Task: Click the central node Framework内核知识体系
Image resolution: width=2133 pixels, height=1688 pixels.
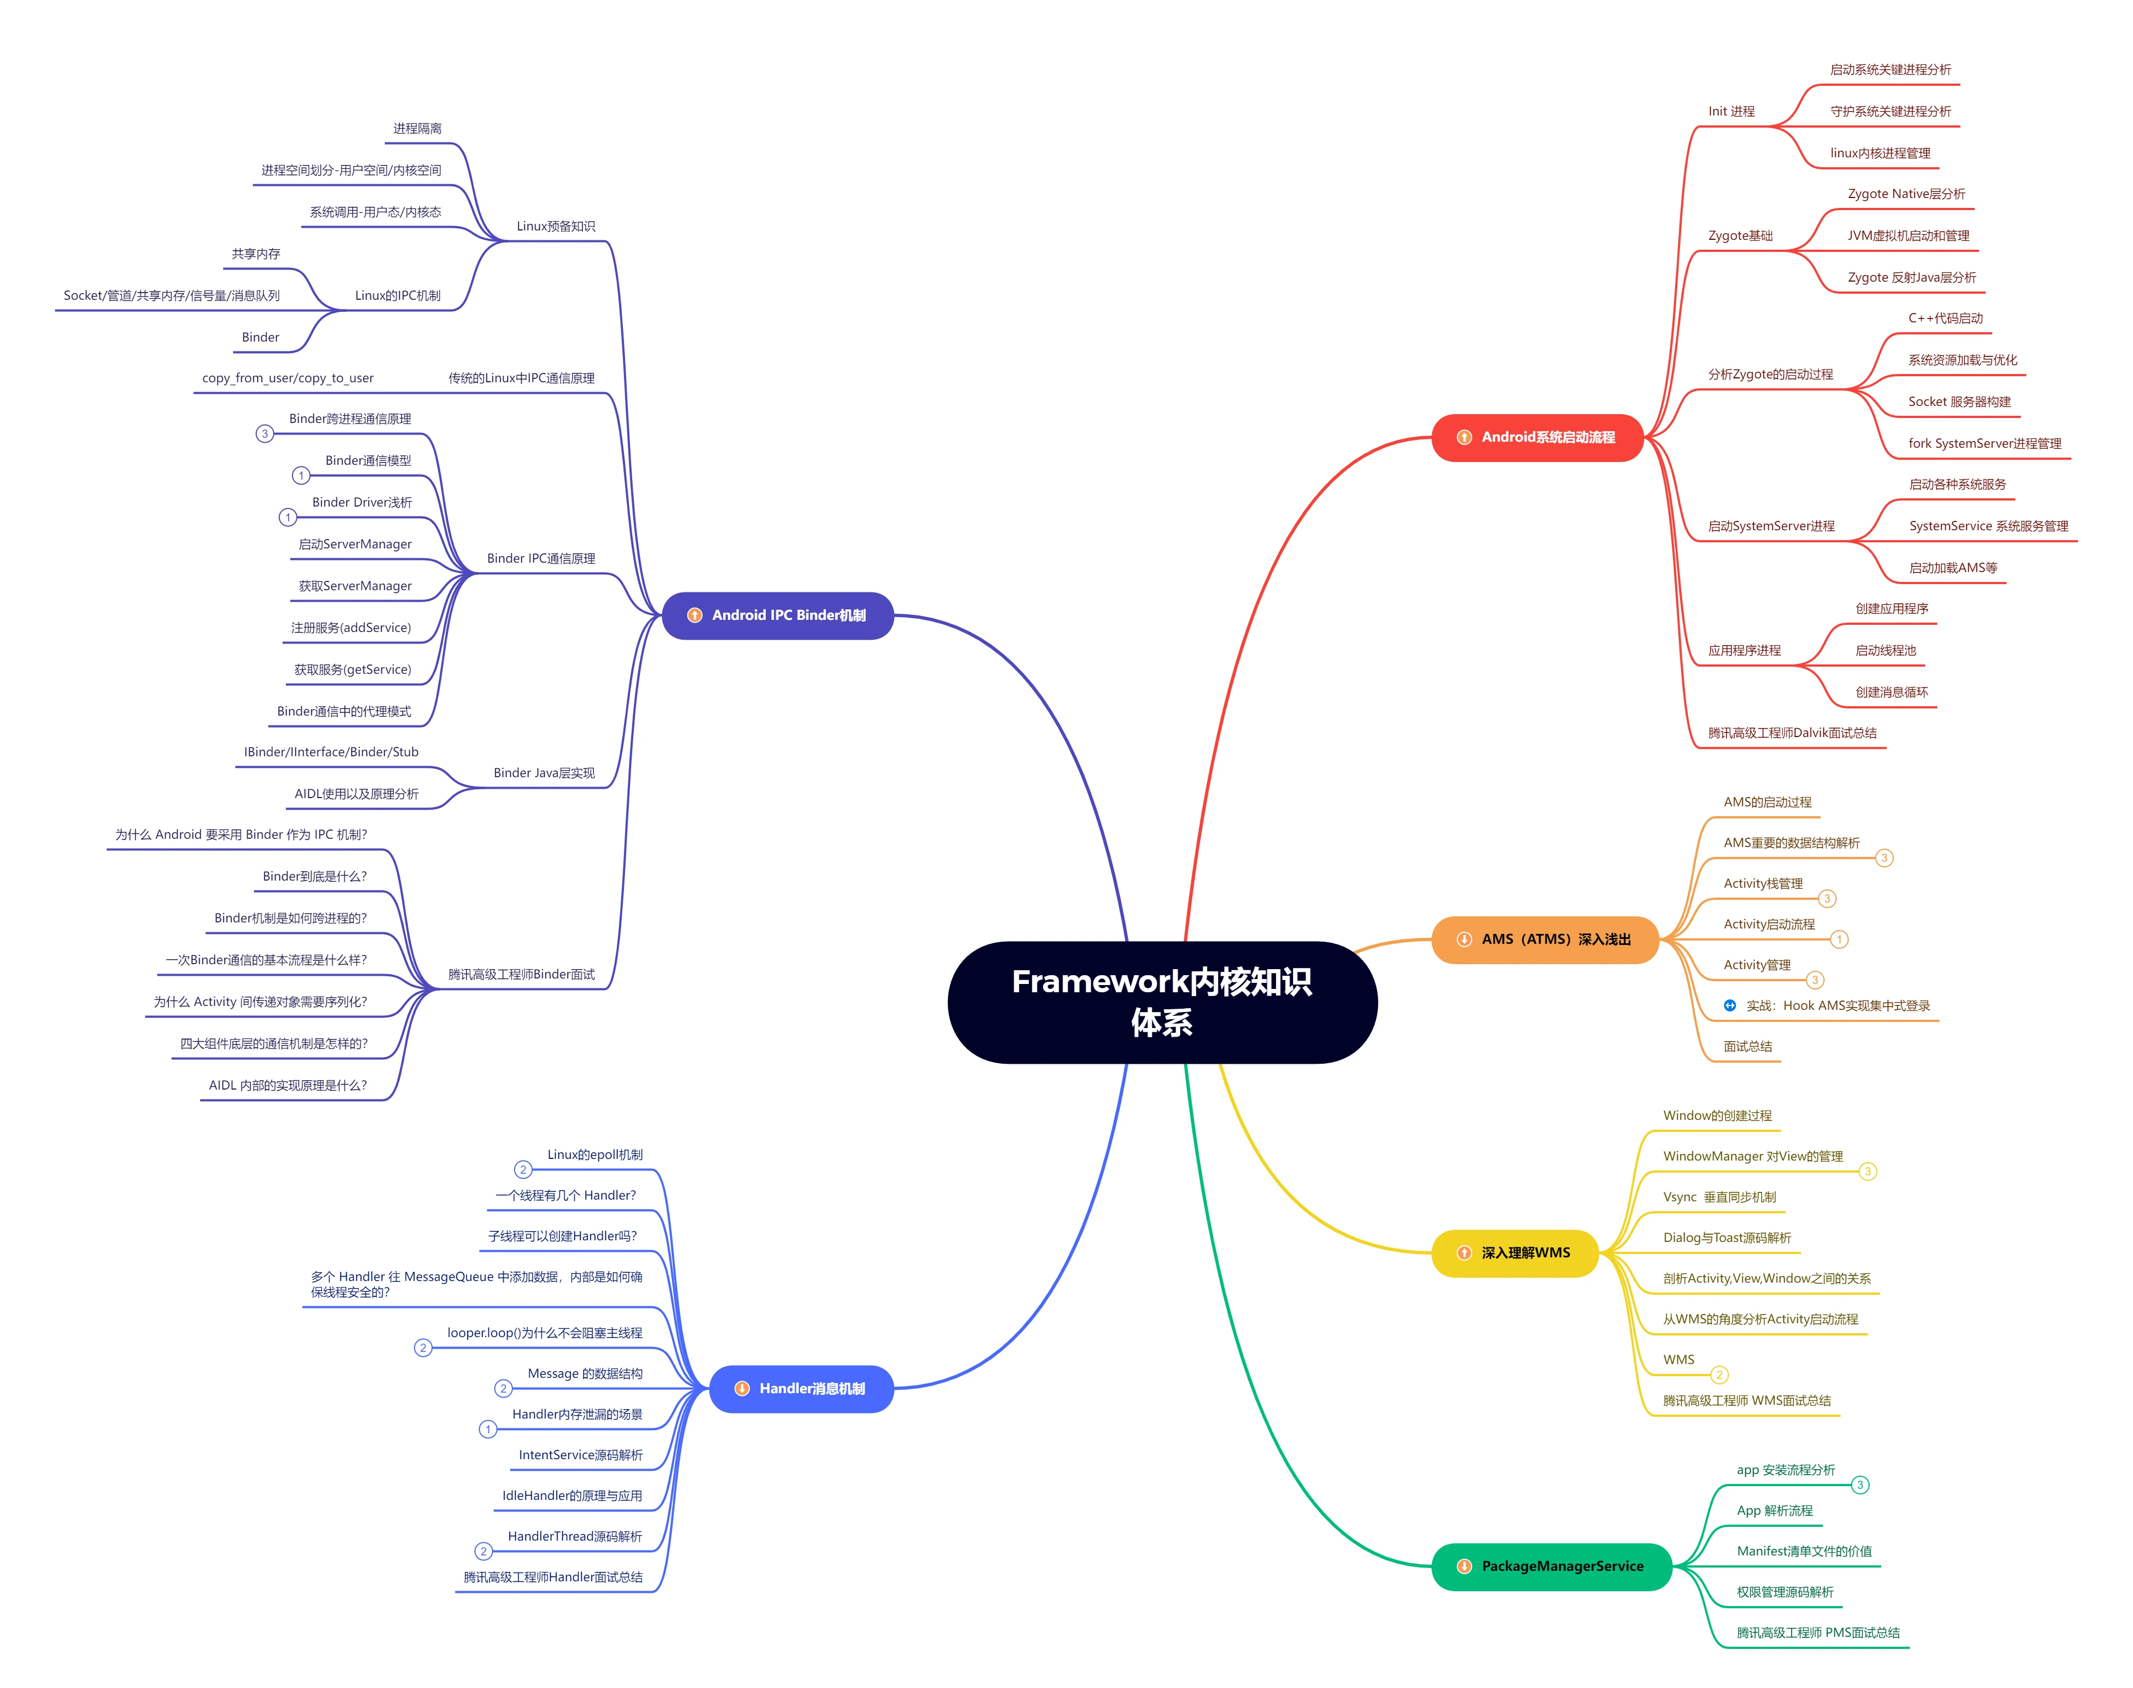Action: [1162, 1002]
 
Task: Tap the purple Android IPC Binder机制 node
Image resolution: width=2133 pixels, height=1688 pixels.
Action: [777, 615]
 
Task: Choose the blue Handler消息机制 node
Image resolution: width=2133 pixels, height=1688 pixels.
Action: [801, 1389]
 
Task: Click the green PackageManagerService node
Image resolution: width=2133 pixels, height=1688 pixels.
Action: [1551, 1566]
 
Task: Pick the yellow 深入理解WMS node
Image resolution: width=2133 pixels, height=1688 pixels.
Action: [1515, 1253]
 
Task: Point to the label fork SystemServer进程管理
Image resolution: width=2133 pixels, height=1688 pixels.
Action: [1984, 444]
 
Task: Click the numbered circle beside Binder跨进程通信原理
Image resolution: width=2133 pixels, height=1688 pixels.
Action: [265, 434]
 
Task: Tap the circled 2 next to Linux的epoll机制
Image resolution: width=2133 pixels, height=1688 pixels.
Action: [523, 1170]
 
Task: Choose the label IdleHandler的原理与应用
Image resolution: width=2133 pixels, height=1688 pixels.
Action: [572, 1496]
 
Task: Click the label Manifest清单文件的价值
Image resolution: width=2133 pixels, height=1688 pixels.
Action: [1804, 1552]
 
